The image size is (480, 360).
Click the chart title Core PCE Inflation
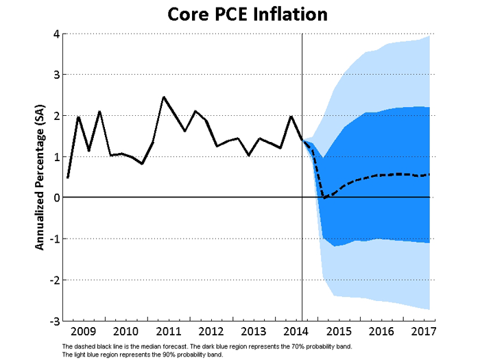pos(239,14)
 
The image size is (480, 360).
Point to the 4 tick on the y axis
pos(56,34)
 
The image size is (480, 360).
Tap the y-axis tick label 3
pos(56,75)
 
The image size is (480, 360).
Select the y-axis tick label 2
pos(56,116)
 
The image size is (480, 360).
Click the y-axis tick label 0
pos(56,197)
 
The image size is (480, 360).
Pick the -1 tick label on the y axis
pos(53,239)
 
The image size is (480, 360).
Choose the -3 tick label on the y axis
pos(53,321)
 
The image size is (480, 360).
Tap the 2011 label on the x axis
pos(164,331)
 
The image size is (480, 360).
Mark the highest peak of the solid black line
pos(163,97)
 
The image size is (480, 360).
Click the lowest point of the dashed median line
pos(324,197)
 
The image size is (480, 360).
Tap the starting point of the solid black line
pos(67,178)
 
